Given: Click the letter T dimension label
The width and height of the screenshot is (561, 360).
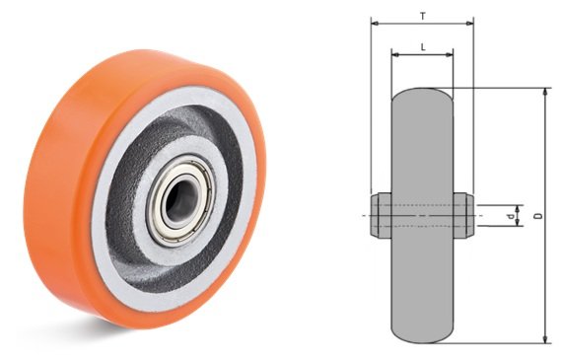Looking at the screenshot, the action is (x=423, y=16).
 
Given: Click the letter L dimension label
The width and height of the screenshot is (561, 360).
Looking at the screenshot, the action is (x=423, y=47).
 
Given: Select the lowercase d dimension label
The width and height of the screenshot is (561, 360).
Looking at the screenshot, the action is (x=512, y=216).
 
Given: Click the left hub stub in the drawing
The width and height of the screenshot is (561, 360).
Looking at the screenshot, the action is (x=381, y=215).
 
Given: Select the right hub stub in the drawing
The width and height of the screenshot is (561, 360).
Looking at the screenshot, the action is (x=463, y=215).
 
